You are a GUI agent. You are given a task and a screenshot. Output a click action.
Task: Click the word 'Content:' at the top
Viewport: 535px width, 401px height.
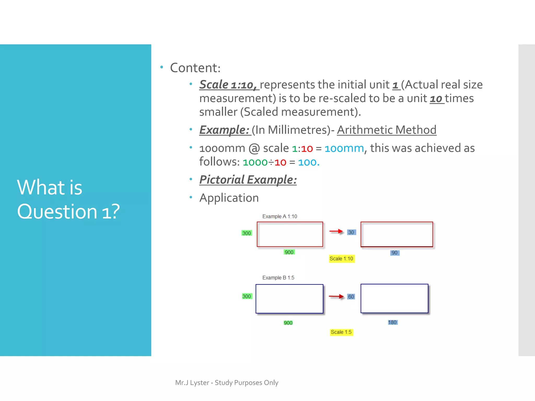(x=195, y=68)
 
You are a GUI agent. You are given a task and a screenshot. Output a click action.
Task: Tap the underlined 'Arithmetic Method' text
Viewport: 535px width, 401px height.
(x=386, y=130)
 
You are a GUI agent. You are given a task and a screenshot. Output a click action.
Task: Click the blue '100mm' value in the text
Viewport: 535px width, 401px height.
(x=344, y=148)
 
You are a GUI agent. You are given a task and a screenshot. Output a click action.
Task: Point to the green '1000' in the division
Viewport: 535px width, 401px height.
(x=255, y=162)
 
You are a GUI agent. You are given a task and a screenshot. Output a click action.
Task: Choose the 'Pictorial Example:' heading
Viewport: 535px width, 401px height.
(x=248, y=180)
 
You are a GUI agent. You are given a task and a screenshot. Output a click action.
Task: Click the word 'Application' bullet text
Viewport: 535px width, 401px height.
(x=229, y=198)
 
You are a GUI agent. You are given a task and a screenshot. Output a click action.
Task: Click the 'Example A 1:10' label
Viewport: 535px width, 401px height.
(x=280, y=216)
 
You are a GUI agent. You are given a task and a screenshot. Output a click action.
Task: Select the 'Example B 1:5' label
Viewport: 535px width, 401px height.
(x=278, y=278)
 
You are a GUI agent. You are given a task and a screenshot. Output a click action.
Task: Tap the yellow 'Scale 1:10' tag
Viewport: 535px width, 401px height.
(x=341, y=258)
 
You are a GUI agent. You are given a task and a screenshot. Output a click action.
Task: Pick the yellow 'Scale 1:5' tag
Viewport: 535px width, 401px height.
(x=341, y=332)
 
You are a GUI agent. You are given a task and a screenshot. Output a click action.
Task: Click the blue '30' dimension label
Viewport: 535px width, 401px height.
(x=351, y=232)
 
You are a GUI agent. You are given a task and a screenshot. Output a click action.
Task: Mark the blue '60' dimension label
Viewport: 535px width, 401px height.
(x=351, y=297)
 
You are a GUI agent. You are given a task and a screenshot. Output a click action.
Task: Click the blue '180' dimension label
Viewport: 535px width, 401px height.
(x=392, y=322)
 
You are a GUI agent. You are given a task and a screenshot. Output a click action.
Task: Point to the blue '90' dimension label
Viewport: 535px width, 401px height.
(x=394, y=253)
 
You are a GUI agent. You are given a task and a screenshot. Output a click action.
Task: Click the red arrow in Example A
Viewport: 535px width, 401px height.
(x=336, y=231)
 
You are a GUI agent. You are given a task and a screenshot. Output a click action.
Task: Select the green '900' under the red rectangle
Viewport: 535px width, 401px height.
(x=289, y=252)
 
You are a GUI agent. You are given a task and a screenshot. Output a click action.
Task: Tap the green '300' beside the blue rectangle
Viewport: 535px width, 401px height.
(x=247, y=296)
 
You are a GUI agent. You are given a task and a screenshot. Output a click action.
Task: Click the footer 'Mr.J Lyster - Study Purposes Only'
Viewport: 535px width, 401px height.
(x=226, y=383)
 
